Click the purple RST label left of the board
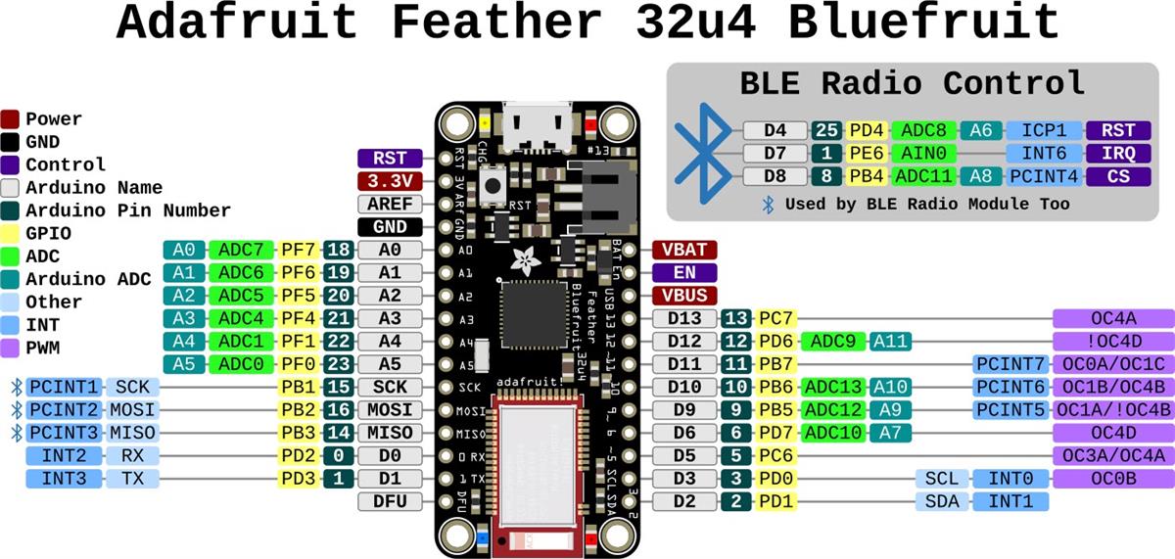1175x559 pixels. coord(390,159)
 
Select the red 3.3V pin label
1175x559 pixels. coord(390,181)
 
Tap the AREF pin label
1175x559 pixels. coord(390,205)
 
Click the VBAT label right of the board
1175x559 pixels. coord(684,250)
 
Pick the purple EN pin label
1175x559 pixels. coord(684,272)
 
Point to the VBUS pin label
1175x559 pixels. coord(684,295)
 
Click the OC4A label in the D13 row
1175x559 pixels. coord(1112,318)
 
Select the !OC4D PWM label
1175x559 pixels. coord(1112,341)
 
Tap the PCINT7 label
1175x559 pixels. coord(1010,364)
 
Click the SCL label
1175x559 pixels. coord(941,479)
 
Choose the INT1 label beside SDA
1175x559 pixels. coord(1010,501)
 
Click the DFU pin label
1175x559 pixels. coord(390,501)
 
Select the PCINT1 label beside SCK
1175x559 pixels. coord(64,387)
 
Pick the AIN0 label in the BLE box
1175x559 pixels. coord(923,154)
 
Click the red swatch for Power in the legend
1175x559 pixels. coord(11,119)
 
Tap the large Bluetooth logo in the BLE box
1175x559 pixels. coord(704,155)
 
